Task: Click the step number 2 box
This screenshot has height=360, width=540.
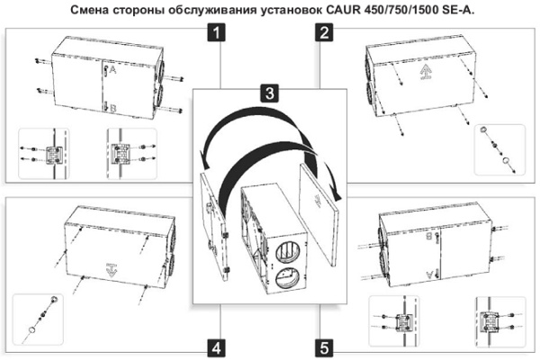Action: (323, 35)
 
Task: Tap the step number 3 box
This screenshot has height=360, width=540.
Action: (267, 94)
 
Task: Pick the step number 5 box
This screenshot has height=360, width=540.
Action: (323, 346)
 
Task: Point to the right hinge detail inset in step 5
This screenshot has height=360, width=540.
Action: (492, 319)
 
